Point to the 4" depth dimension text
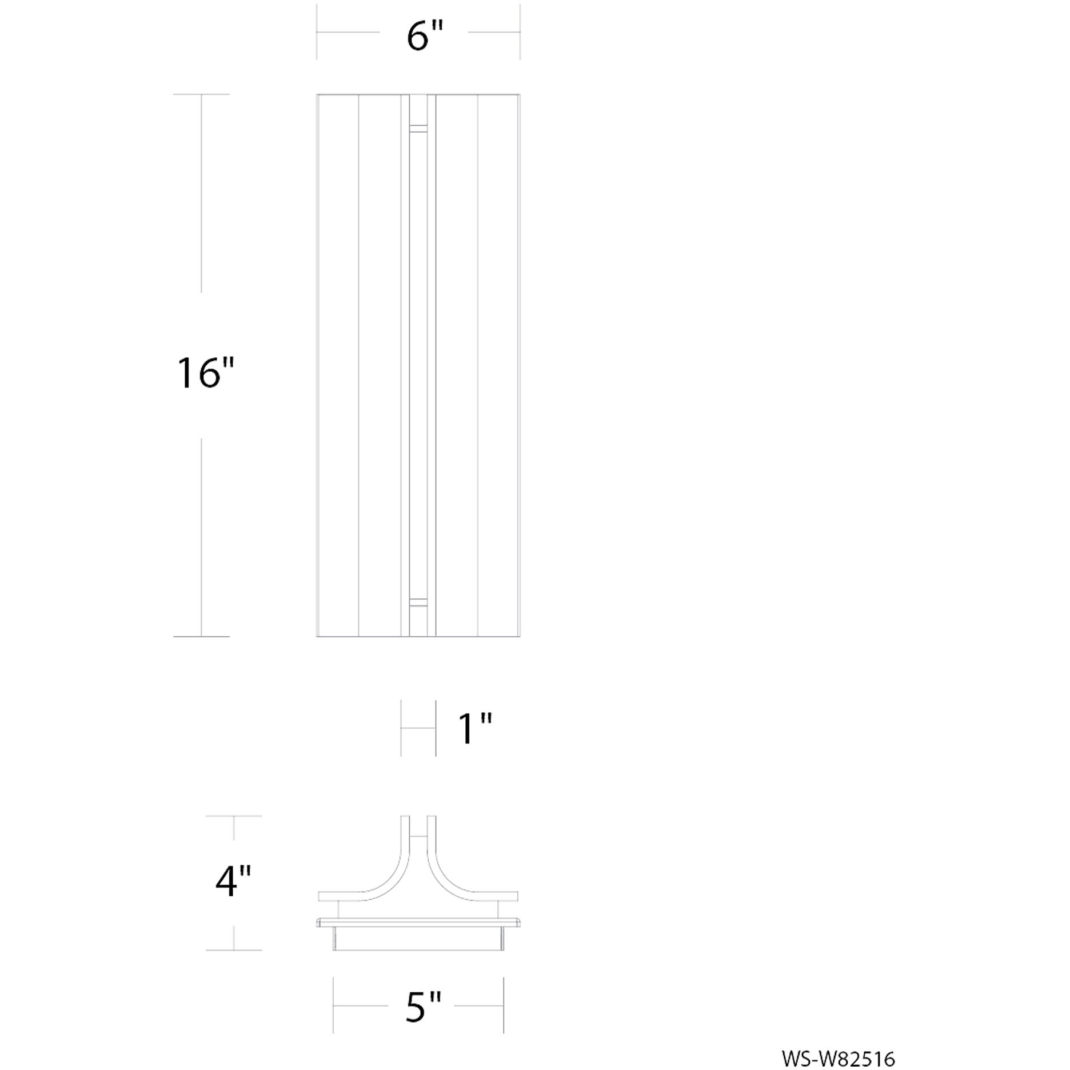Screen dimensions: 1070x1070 click(x=233, y=881)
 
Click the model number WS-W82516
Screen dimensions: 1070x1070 click(x=838, y=1059)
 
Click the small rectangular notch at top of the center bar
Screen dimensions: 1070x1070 click(x=418, y=129)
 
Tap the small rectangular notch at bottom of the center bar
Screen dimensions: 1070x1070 click(x=418, y=602)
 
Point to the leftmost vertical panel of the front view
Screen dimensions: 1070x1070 click(x=337, y=366)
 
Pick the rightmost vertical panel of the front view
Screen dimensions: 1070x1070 click(x=498, y=366)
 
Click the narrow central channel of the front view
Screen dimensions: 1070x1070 click(x=418, y=366)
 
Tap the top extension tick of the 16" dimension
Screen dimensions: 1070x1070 click(x=201, y=94)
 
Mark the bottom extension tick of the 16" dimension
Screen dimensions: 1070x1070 click(x=201, y=636)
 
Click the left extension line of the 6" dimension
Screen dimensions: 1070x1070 click(x=317, y=32)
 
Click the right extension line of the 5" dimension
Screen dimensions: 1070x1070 click(x=504, y=1013)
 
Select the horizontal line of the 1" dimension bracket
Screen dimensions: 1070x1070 click(x=418, y=728)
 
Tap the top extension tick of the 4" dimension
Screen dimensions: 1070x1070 click(x=233, y=816)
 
